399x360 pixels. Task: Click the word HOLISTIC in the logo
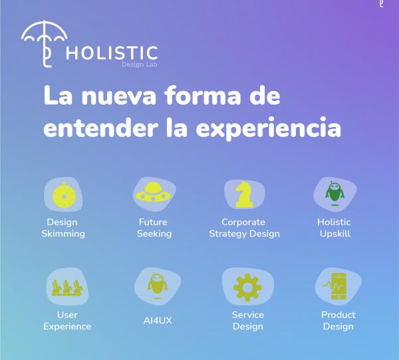[x=112, y=53]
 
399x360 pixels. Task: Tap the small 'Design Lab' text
[x=139, y=65]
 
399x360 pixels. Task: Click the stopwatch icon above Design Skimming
[x=63, y=195]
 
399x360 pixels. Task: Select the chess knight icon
[x=244, y=195]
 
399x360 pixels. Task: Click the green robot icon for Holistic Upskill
[x=334, y=194]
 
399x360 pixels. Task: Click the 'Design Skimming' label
[x=63, y=228]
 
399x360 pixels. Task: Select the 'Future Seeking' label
[x=154, y=228]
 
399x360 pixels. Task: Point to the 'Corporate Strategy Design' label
[x=244, y=228]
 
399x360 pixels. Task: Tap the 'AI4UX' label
[x=158, y=321]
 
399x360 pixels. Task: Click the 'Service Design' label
[x=247, y=320]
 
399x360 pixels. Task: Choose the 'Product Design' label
[x=338, y=320]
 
